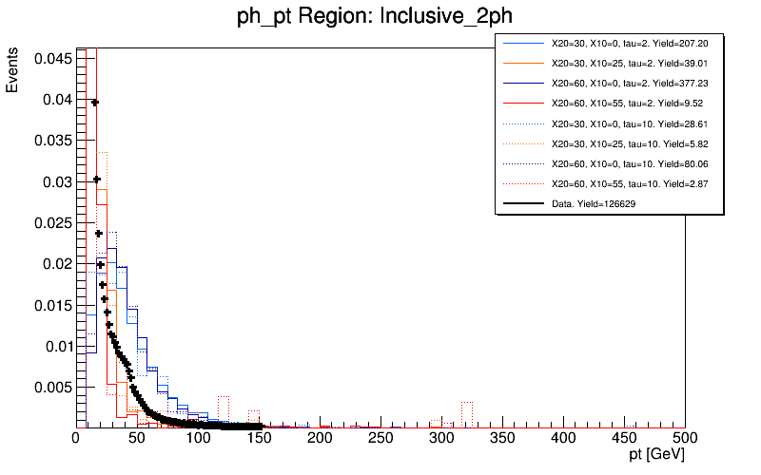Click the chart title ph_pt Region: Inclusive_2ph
pos(380,18)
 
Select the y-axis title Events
pos(12,71)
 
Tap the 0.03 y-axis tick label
pos(54,181)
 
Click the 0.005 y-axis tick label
pos(50,387)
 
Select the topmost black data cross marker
pos(95,103)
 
